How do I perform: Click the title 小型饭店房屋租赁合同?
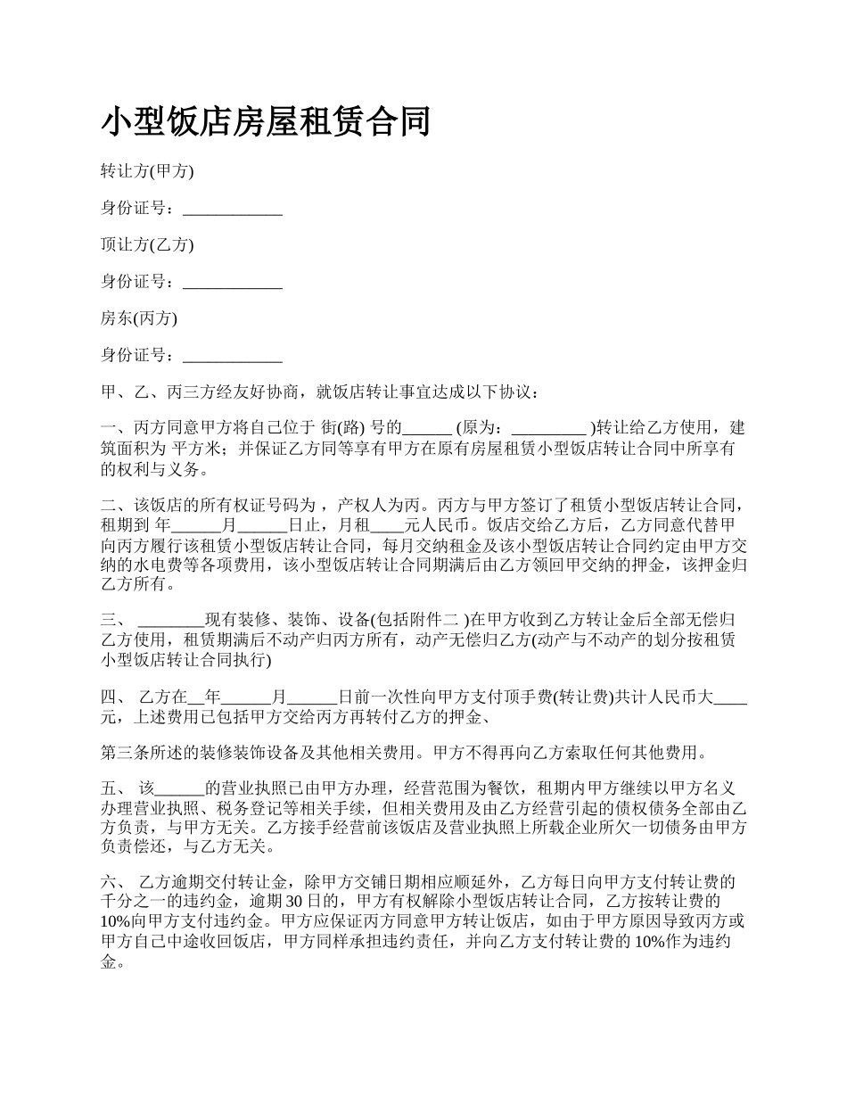pos(266,122)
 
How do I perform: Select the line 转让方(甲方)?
pos(147,170)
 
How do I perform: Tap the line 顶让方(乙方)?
pos(147,244)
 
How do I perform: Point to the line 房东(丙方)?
pos(139,318)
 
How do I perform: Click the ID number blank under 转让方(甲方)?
pos(233,209)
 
